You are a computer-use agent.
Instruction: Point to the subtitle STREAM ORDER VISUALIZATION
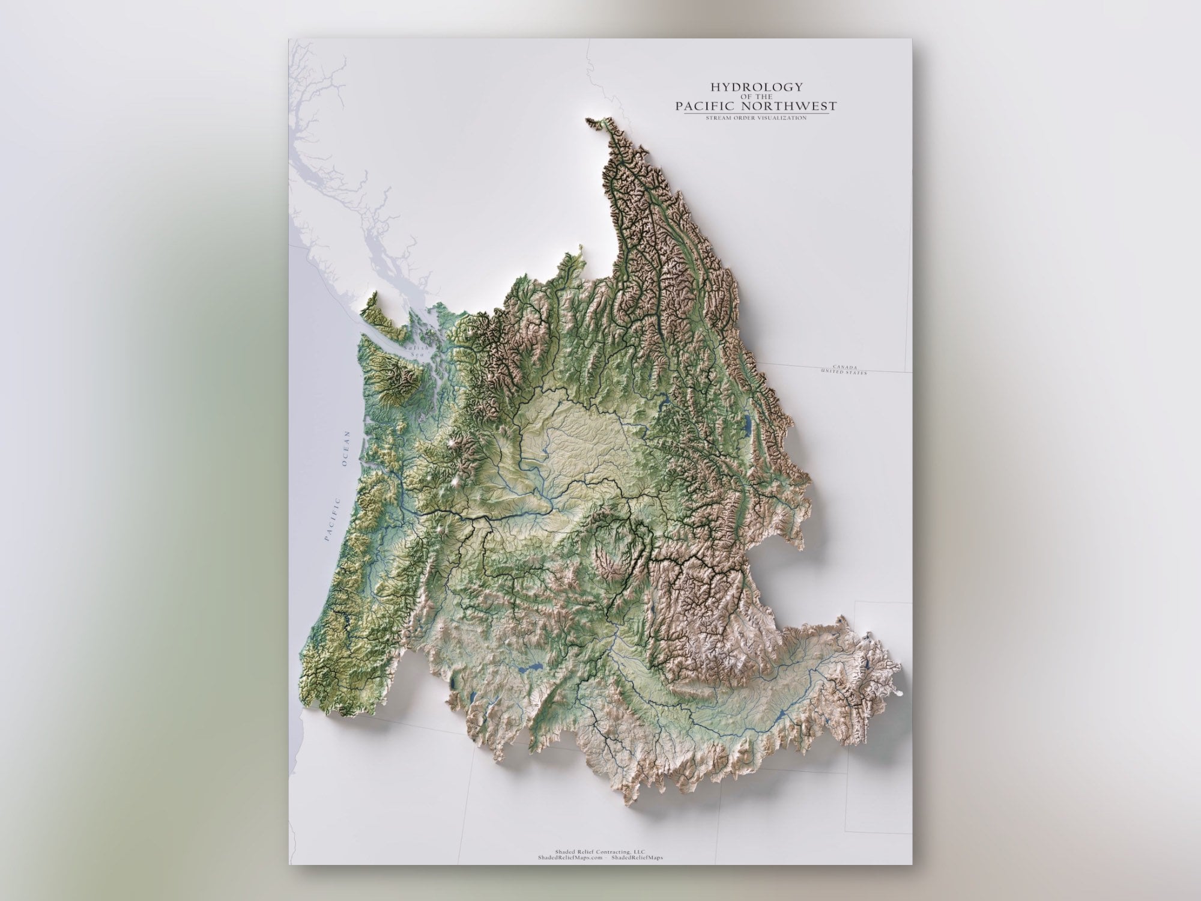(755, 118)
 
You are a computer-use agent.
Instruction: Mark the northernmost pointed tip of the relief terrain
(589, 120)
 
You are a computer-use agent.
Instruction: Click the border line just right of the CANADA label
(883, 370)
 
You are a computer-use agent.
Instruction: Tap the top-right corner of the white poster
(912, 40)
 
